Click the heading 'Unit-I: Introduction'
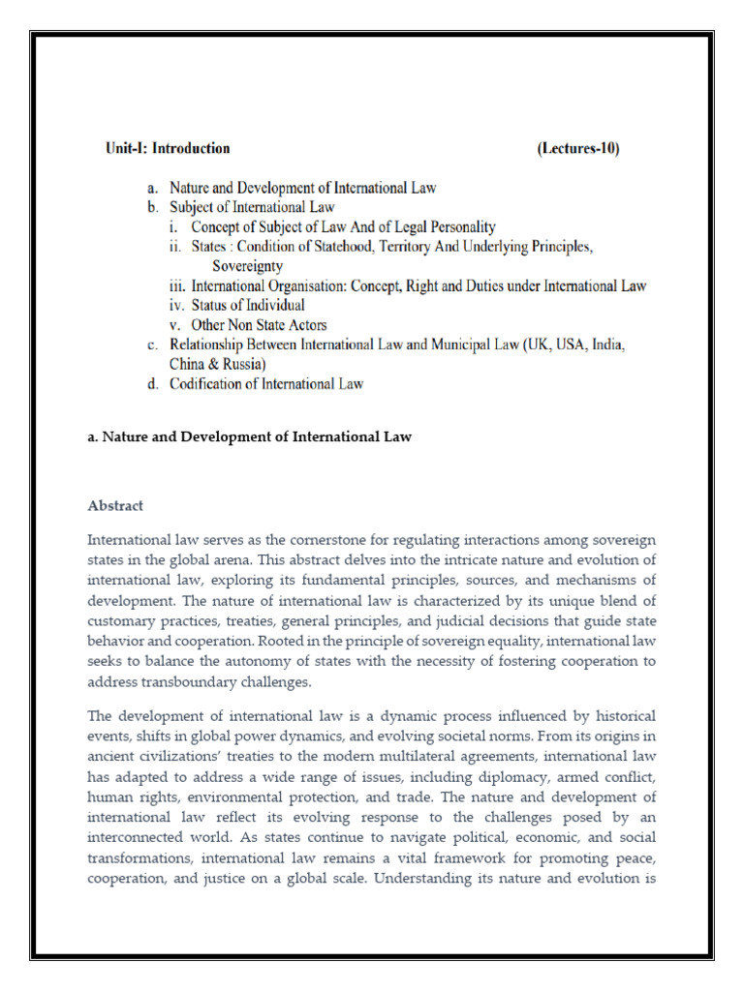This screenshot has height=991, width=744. [167, 149]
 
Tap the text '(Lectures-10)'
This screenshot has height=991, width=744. [577, 149]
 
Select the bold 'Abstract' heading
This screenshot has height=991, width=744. [115, 505]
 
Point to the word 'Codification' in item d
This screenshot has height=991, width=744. [207, 383]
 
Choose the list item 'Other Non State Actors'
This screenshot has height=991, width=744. [248, 324]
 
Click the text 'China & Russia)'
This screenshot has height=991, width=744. [218, 364]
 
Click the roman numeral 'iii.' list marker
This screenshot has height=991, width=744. [177, 285]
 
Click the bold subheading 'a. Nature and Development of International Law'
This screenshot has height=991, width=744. [250, 436]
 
